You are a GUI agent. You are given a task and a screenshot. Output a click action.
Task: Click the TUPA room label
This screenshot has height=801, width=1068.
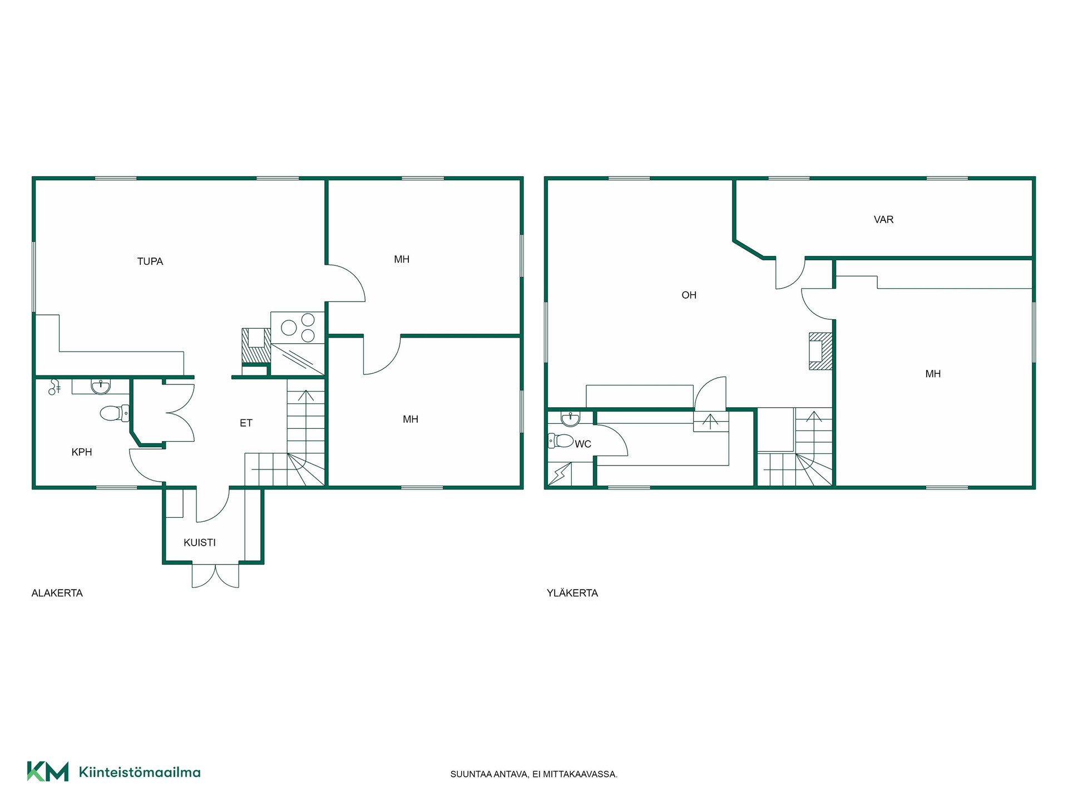(x=150, y=261)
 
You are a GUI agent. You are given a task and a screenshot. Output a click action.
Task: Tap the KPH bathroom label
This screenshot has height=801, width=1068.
(x=82, y=452)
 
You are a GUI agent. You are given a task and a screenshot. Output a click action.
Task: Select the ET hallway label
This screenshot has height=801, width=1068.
(x=246, y=423)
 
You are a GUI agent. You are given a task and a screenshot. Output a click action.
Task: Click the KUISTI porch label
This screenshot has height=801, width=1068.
(x=200, y=542)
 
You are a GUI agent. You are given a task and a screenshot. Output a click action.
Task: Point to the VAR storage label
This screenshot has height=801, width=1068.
(x=883, y=220)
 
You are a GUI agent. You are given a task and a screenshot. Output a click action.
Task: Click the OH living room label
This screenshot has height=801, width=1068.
(x=689, y=295)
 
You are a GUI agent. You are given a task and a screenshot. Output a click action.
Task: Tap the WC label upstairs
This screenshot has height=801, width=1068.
(x=583, y=444)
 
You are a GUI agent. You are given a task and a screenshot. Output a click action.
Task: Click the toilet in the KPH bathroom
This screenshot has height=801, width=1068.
(x=115, y=413)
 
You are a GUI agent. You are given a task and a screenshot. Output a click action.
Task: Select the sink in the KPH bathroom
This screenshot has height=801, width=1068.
(x=101, y=387)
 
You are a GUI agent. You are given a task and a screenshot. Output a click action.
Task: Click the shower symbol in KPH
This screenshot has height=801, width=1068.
(x=55, y=387)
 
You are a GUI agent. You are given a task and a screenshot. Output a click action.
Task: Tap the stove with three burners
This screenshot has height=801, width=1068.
(x=298, y=327)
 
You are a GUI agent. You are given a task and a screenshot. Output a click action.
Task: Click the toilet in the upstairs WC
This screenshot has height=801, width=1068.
(x=561, y=441)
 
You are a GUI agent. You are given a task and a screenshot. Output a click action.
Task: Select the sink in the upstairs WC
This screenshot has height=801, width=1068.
(x=570, y=419)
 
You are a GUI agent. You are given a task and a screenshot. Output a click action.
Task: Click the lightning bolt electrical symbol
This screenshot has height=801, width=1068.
(x=560, y=474)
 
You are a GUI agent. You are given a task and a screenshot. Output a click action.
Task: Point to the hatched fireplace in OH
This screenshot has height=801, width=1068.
(x=820, y=351)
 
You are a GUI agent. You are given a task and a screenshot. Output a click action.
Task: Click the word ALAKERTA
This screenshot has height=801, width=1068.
(x=57, y=593)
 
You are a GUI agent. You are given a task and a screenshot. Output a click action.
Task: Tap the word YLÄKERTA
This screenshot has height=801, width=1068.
(x=572, y=593)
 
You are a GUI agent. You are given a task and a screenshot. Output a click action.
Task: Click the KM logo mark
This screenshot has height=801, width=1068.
(x=48, y=772)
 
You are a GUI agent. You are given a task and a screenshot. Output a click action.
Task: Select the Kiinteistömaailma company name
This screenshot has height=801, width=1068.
(x=140, y=772)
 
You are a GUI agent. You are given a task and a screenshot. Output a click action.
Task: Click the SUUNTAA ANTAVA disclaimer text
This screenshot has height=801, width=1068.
(x=534, y=774)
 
